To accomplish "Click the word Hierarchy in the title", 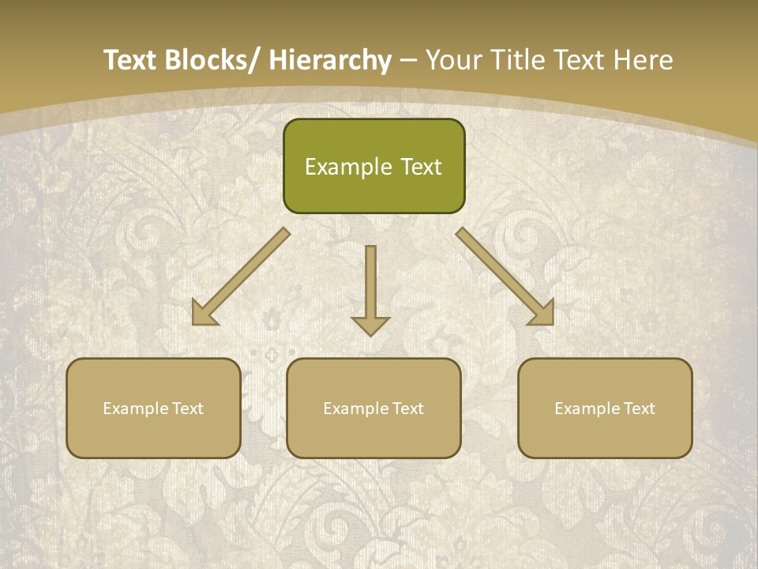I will (329, 60).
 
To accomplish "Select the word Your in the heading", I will (454, 60).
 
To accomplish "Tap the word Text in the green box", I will (420, 167).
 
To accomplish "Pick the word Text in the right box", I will (639, 409).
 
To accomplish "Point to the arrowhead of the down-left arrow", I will (204, 313).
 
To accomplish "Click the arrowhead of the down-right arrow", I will (542, 313).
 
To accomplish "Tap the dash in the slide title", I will (408, 60).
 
